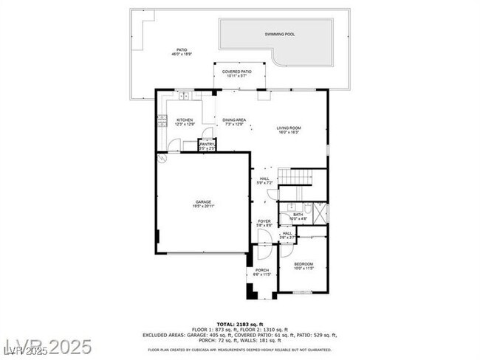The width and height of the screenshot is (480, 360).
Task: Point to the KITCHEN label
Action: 185,122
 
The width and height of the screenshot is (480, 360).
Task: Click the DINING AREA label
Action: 235,122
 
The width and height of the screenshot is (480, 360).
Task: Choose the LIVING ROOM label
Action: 289,130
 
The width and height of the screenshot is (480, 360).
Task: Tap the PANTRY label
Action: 207,146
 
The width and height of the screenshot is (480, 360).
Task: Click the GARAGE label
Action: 204,204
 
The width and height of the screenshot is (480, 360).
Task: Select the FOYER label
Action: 264,223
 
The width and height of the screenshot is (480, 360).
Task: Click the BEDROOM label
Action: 304,266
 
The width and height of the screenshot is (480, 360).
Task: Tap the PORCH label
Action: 262,272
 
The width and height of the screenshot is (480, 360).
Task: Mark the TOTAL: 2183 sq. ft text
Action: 239,323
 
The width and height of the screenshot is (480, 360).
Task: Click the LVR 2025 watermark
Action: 46,347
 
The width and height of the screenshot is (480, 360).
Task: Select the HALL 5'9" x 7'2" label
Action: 265,180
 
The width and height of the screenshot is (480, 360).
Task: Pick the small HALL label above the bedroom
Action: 287,235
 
